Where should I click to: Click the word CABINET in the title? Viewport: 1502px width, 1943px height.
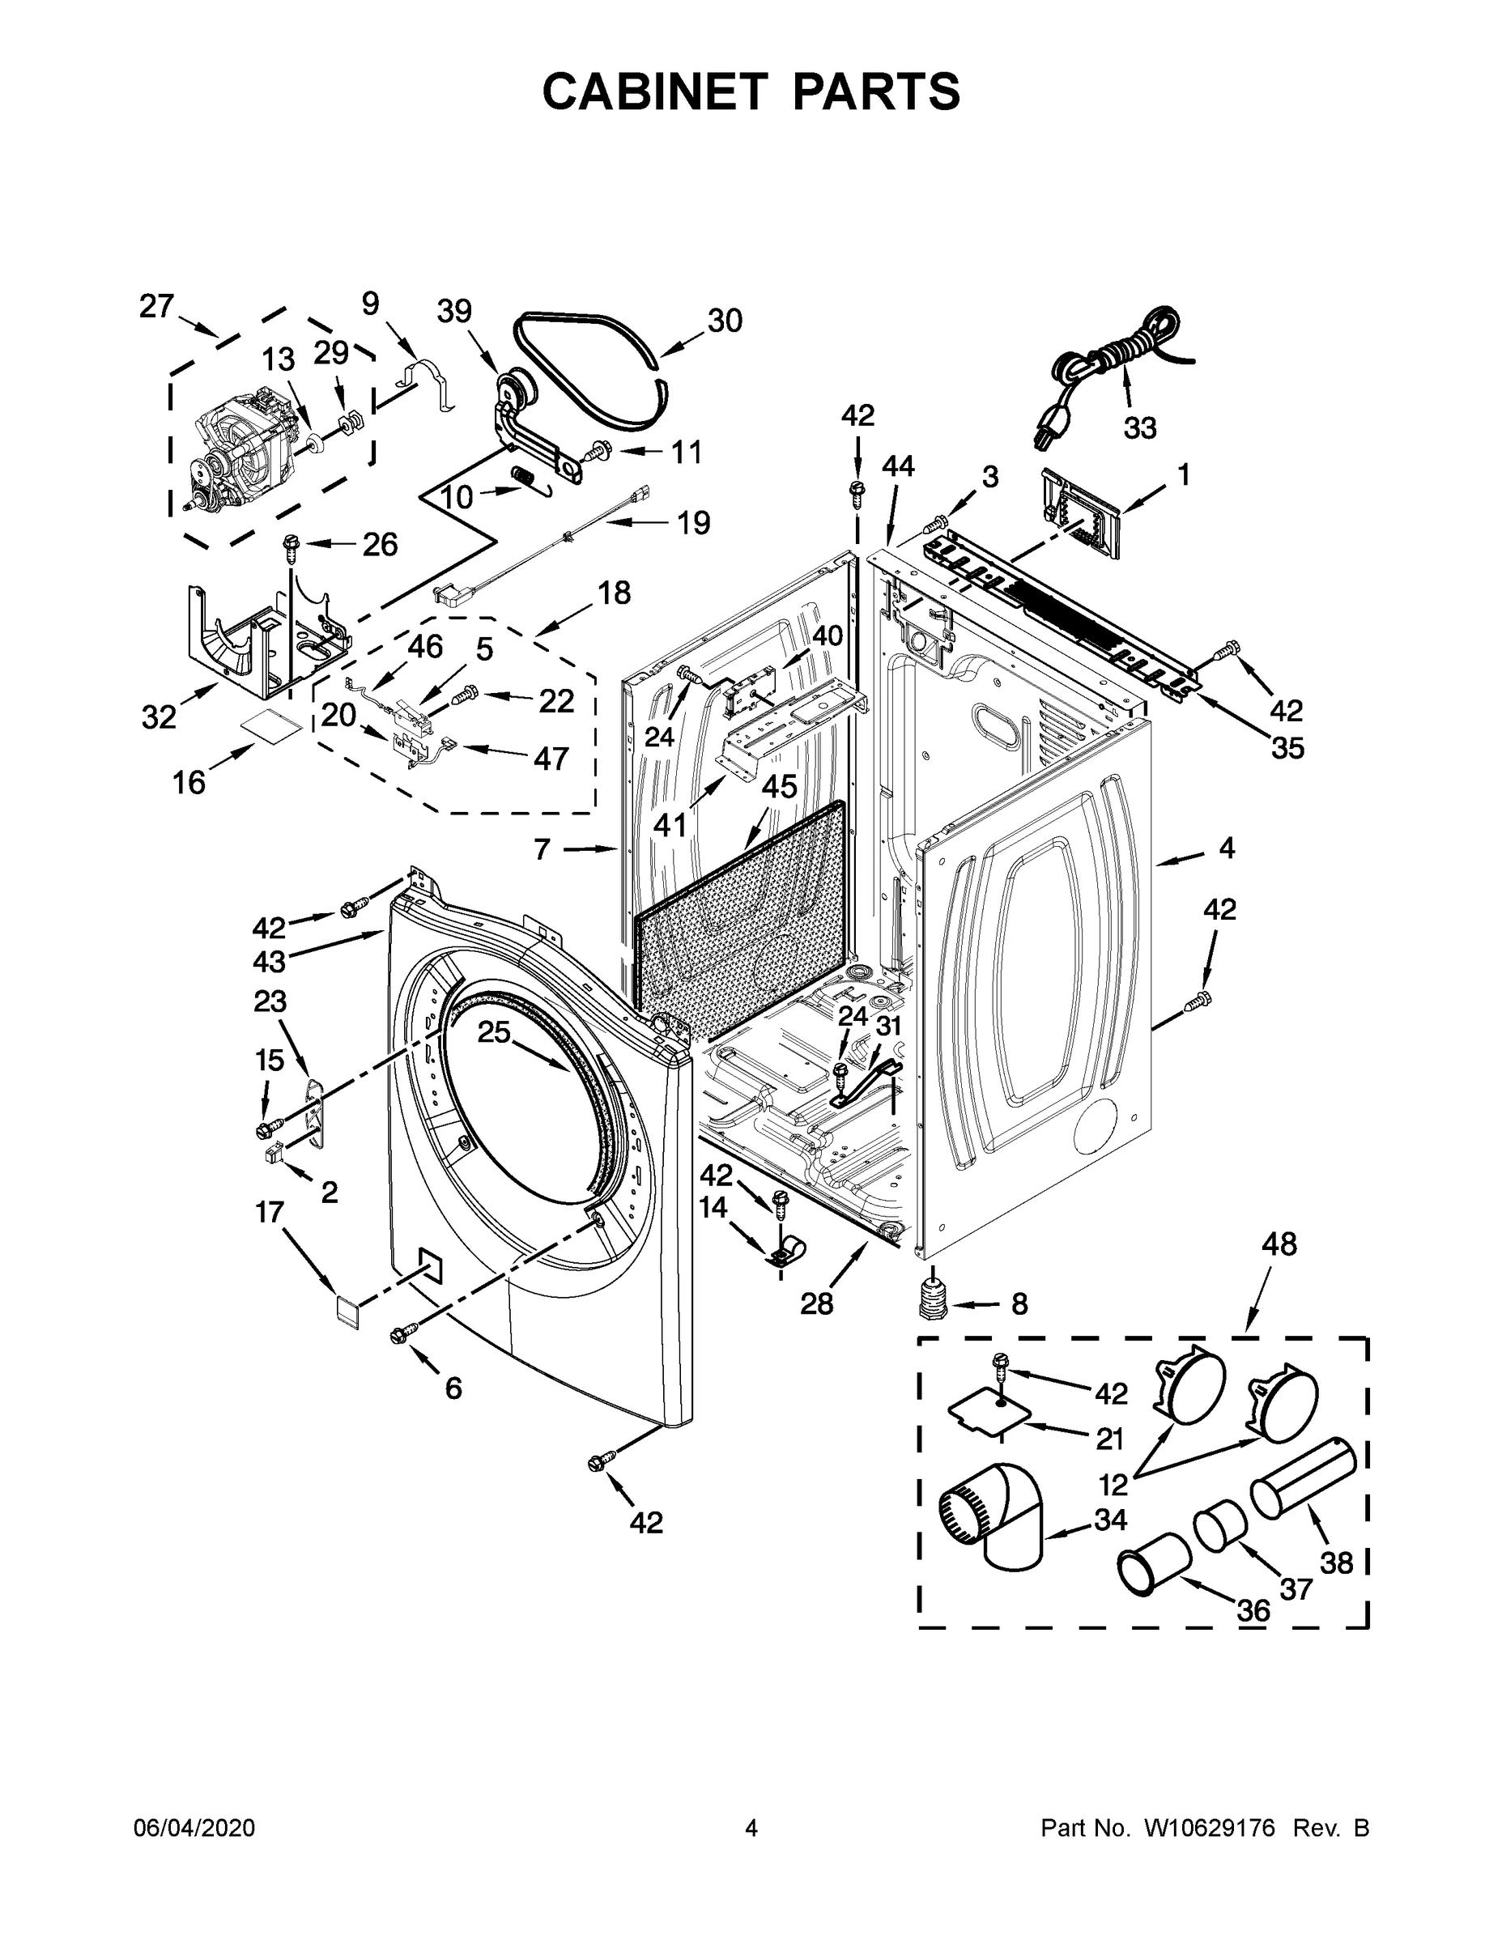pyautogui.click(x=654, y=91)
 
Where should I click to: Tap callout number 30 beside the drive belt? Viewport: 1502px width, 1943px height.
pyautogui.click(x=725, y=321)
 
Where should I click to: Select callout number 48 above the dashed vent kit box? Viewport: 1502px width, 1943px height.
pyautogui.click(x=1279, y=1244)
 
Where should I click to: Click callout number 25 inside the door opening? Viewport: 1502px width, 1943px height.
pyautogui.click(x=494, y=1032)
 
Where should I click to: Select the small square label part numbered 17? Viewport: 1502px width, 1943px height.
pyautogui.click(x=345, y=1312)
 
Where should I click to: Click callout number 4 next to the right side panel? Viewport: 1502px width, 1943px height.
pyautogui.click(x=1226, y=848)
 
